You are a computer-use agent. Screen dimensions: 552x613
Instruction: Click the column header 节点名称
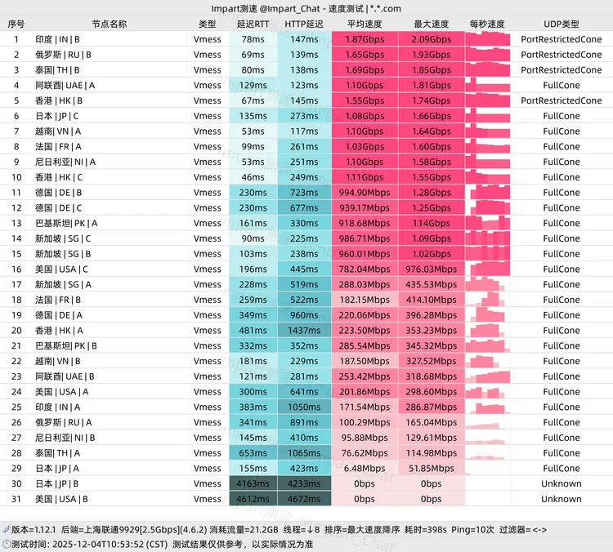point(109,24)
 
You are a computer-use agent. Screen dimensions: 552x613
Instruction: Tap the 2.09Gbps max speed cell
point(432,39)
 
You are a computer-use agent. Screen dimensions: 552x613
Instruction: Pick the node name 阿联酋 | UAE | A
point(65,85)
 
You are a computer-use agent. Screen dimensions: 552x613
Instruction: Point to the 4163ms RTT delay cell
point(252,483)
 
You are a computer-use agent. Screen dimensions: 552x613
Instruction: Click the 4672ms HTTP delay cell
point(304,499)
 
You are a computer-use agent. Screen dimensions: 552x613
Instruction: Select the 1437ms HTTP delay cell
point(304,330)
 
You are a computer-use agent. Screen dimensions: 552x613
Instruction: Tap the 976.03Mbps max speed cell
point(432,269)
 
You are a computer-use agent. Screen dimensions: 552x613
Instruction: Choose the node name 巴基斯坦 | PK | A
point(66,223)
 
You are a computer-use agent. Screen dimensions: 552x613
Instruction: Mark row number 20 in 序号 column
point(16,330)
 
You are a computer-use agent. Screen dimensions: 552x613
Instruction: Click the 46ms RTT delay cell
point(252,177)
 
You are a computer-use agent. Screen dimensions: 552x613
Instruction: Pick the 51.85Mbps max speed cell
point(432,468)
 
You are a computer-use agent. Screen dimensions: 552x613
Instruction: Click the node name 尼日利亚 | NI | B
point(66,438)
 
